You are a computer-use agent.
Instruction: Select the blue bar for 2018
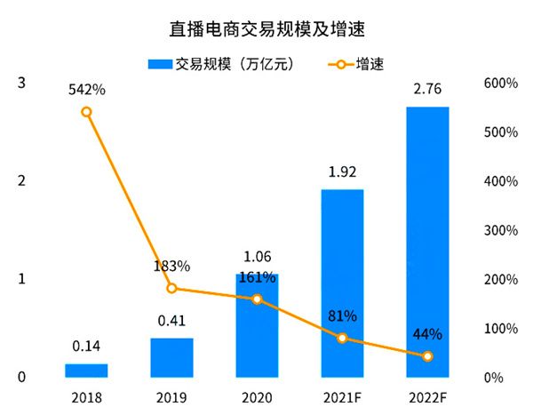point(86,371)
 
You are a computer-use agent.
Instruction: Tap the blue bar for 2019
point(171,357)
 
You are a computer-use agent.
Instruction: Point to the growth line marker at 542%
point(86,112)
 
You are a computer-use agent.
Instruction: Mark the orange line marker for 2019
point(171,288)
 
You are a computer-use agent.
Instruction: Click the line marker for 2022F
point(427,356)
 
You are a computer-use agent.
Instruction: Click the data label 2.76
point(427,91)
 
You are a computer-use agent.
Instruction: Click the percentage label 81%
point(342,315)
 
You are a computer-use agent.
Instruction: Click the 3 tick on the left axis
point(21,84)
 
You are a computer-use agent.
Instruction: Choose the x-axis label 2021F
point(342,396)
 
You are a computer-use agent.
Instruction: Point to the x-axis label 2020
point(257,396)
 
